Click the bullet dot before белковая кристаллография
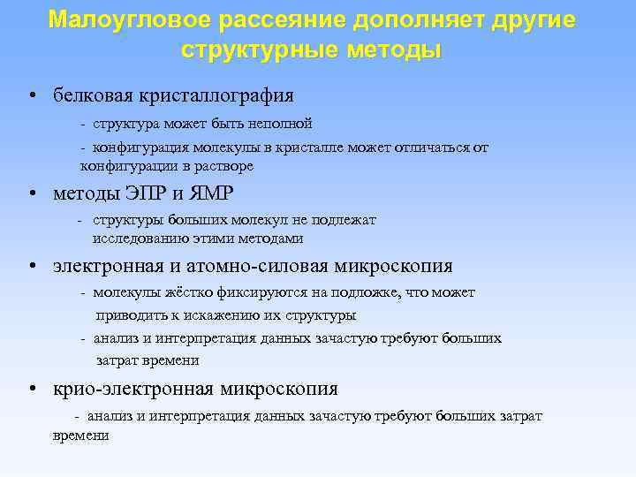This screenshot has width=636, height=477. (31, 95)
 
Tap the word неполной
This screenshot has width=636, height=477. (281, 124)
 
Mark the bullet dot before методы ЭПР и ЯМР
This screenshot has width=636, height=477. (31, 195)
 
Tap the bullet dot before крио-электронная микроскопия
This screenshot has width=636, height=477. (31, 390)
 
